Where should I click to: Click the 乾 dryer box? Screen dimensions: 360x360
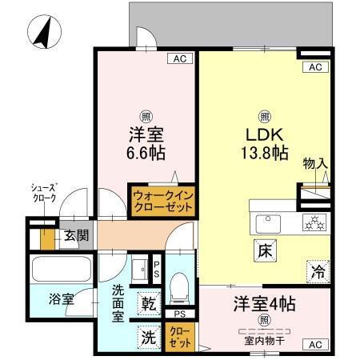tap(149, 305)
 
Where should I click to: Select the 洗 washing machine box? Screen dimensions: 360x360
tap(149, 336)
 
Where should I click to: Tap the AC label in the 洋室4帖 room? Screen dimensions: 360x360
tap(314, 344)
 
